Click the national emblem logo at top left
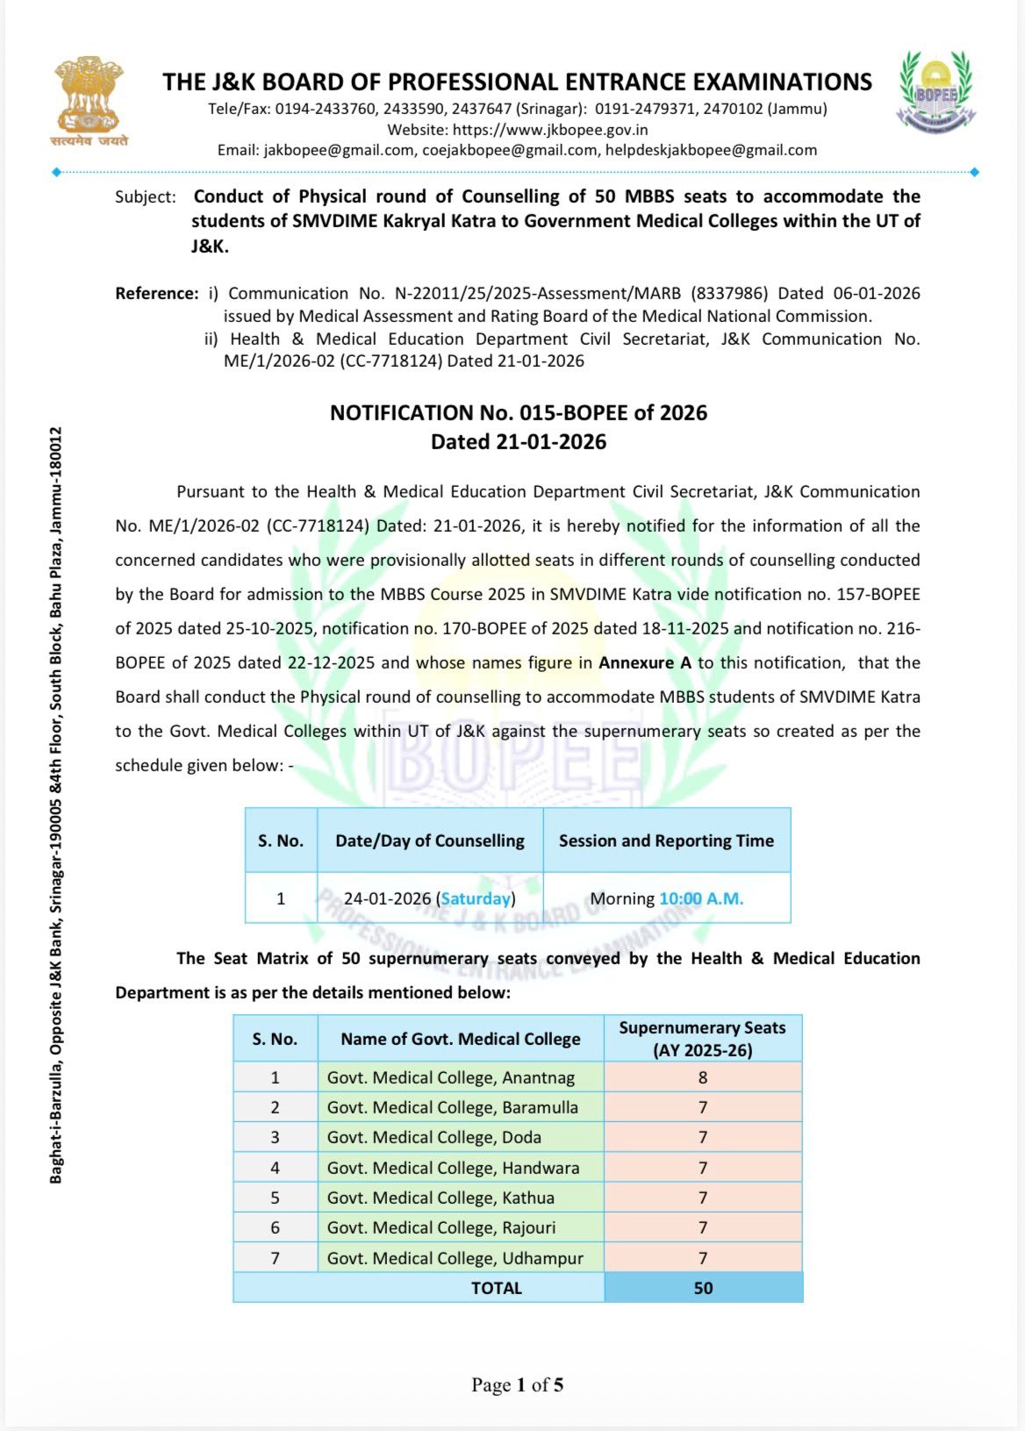coord(89,100)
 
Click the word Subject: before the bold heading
coord(145,197)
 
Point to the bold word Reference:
coord(157,294)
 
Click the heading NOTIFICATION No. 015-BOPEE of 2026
coord(518,413)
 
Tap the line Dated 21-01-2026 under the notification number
coord(518,442)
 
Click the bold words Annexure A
coord(644,663)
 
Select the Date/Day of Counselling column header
coord(430,841)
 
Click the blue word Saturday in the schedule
coord(476,898)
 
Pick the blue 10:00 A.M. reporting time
coord(701,898)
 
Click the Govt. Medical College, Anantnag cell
coord(451,1077)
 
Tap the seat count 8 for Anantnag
coord(703,1077)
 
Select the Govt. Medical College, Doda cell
coord(434,1137)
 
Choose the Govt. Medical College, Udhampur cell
coord(455,1258)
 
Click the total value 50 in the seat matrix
coord(703,1288)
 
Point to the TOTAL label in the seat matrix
coord(497,1288)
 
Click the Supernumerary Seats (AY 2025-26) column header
coord(702,1039)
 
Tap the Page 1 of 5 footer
coord(517,1385)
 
